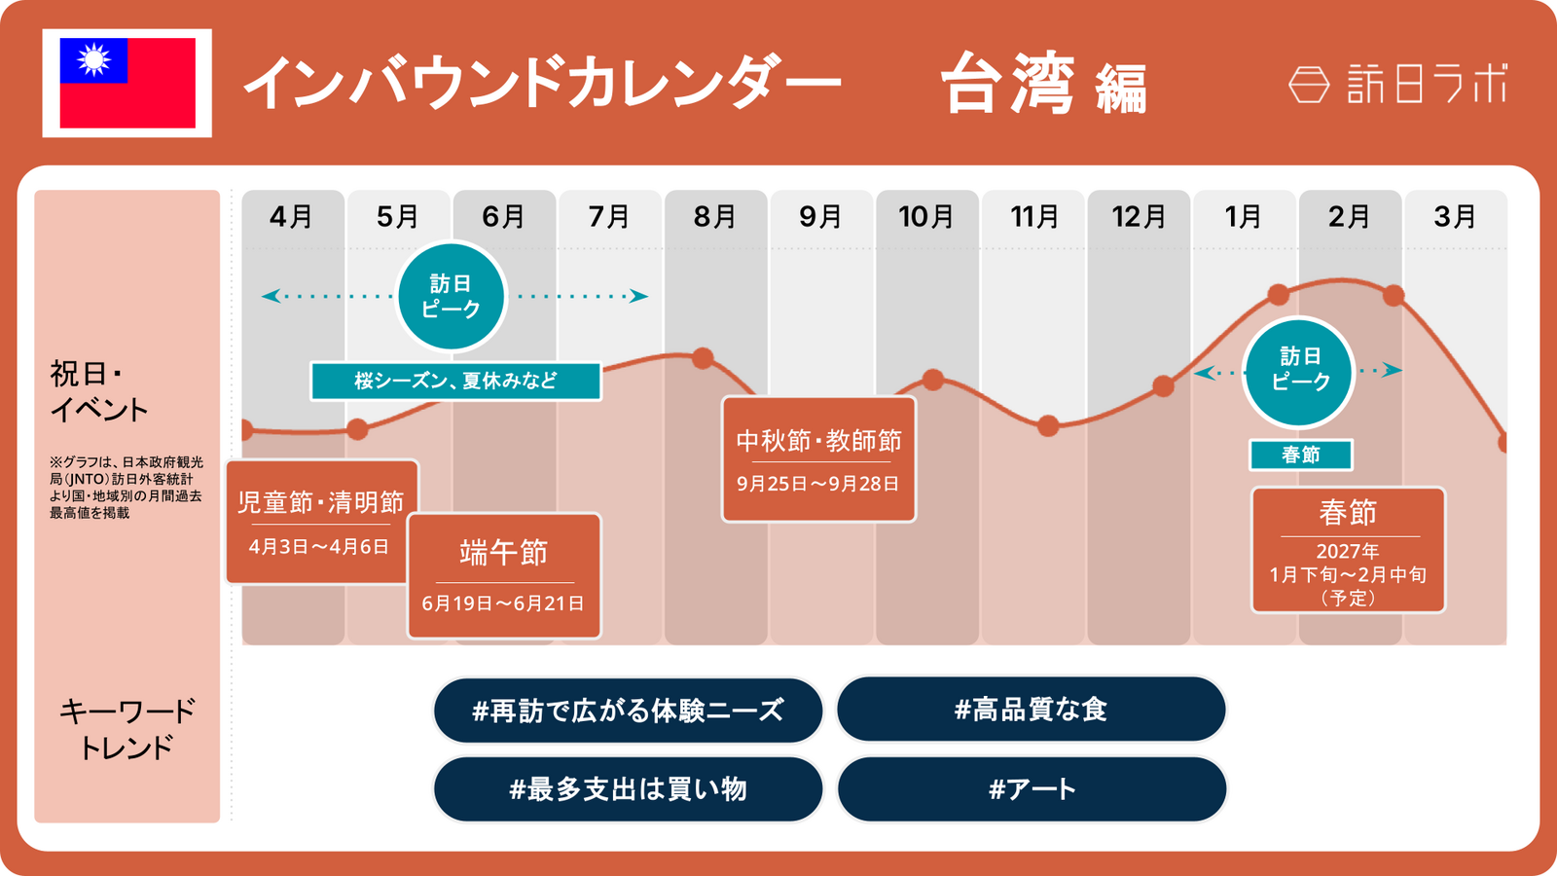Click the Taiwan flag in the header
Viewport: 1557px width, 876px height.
point(127,83)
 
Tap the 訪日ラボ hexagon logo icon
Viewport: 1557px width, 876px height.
point(1309,84)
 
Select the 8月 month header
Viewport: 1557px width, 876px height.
point(714,217)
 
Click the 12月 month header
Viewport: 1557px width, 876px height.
point(1139,217)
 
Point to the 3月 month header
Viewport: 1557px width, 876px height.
point(1455,217)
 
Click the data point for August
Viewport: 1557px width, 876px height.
point(703,358)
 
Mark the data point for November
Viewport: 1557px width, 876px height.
point(1048,425)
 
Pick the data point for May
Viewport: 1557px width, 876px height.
point(357,429)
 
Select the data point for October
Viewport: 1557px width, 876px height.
point(933,380)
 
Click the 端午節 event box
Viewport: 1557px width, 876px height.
point(504,575)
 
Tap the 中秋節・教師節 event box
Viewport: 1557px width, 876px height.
point(818,458)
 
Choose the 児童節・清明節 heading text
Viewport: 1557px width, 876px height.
point(320,502)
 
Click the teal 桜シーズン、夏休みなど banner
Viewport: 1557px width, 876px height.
point(456,381)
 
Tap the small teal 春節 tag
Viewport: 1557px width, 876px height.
point(1300,455)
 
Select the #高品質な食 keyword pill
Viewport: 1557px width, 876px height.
point(1031,710)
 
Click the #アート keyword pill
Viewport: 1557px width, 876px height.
point(1031,789)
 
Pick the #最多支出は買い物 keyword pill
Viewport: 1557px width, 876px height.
point(629,789)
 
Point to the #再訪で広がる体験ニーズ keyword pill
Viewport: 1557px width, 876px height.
point(629,710)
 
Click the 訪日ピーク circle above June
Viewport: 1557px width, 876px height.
point(452,296)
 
